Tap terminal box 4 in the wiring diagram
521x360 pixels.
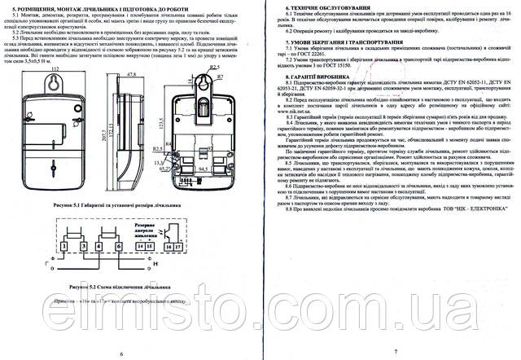point(99,245)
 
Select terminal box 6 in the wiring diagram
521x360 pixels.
point(119,245)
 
